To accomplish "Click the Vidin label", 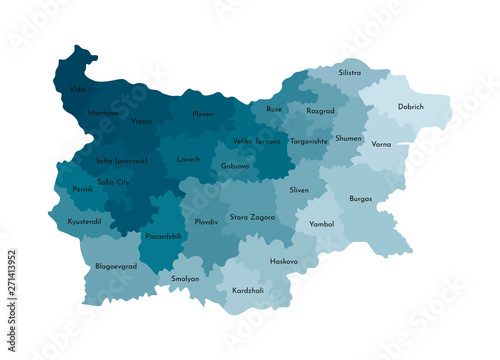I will (x=78, y=89).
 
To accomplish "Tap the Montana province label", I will (x=104, y=112).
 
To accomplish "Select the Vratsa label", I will (x=142, y=122).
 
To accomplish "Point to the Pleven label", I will (x=203, y=114).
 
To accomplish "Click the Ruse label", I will (x=273, y=108).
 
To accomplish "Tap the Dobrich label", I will (x=410, y=106).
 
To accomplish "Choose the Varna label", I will (x=381, y=144).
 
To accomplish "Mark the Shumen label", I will (x=349, y=138).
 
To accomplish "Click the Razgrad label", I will (x=321, y=111).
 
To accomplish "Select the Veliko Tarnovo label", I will (x=256, y=141).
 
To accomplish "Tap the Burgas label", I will (x=361, y=198).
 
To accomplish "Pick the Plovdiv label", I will (x=206, y=221).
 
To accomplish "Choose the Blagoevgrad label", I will (x=116, y=268).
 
